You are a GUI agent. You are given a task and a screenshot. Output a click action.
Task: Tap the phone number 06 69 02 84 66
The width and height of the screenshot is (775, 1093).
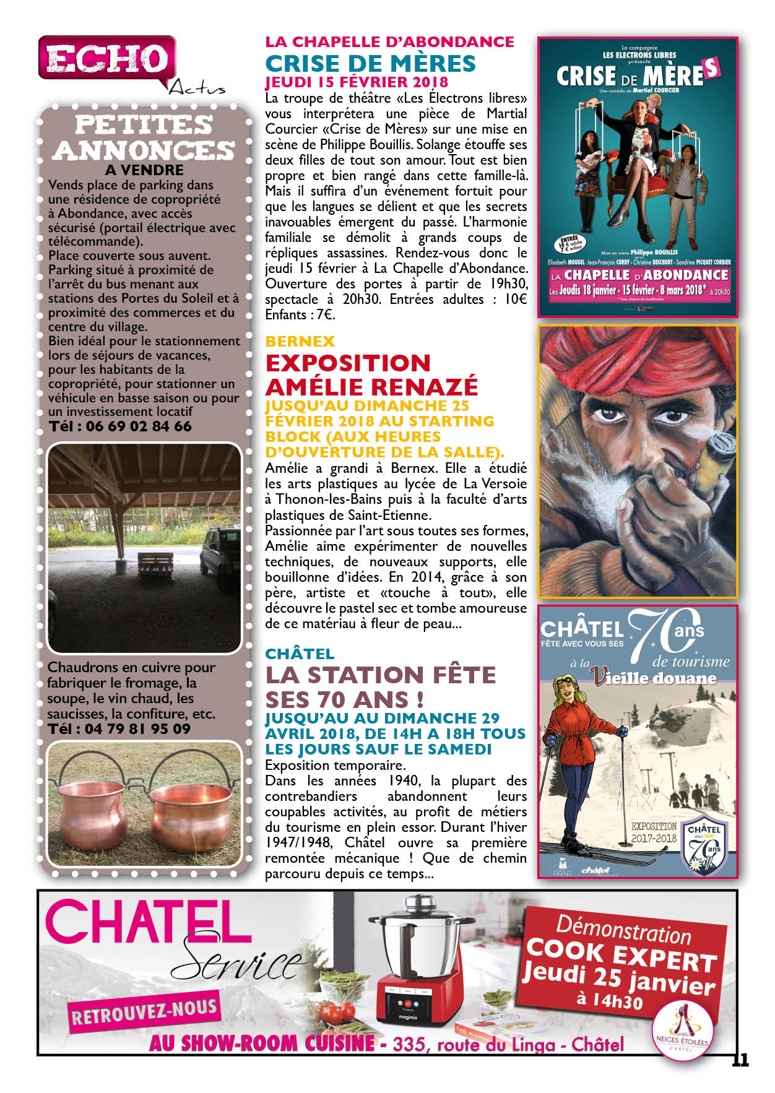pos(139,426)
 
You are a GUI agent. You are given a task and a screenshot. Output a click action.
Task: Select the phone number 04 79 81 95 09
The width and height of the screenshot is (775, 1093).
pos(137,729)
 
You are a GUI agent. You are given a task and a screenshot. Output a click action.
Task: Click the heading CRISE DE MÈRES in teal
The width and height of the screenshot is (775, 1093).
pos(370,64)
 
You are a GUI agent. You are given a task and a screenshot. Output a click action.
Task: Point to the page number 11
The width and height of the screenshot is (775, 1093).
pos(740,1060)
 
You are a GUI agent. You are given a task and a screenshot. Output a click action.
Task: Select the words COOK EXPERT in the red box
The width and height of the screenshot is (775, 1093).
pos(621,956)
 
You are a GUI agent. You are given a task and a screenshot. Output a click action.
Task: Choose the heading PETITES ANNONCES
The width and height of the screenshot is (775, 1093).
pos(144,137)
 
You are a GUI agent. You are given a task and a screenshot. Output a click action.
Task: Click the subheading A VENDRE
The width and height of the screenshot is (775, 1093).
pos(144,170)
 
